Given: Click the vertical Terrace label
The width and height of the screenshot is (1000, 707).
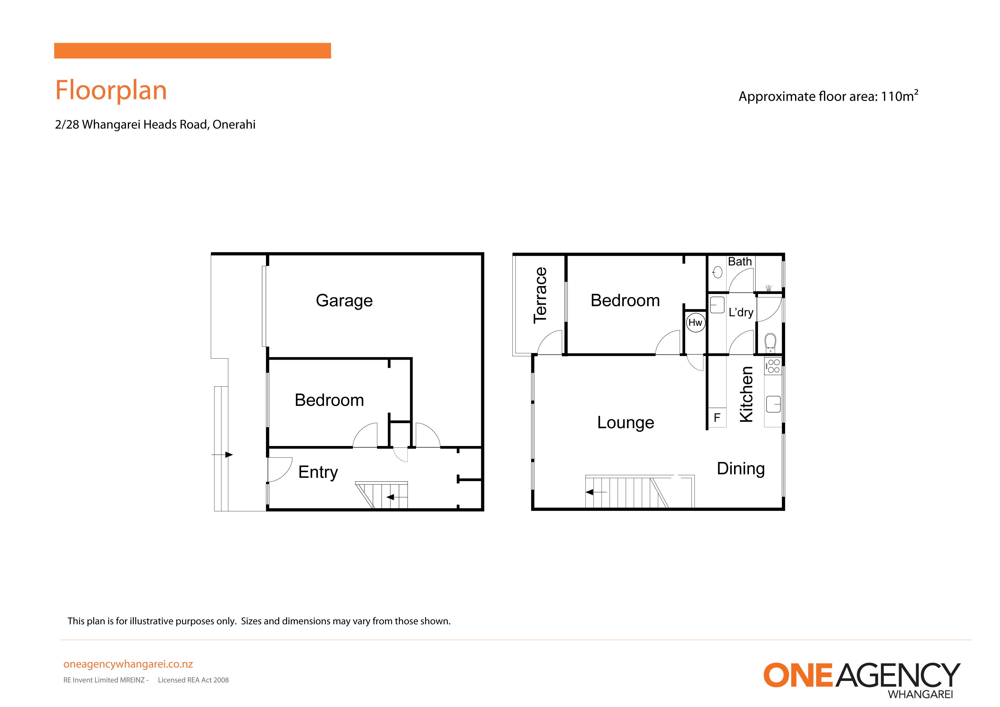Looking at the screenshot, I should (540, 295).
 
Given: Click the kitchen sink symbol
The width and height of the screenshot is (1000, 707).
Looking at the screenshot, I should (773, 404).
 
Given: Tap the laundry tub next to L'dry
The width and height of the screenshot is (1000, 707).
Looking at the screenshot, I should (717, 305).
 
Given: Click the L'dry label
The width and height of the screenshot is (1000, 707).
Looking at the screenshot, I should (741, 312).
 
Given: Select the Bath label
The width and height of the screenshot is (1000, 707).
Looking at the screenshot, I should (739, 262).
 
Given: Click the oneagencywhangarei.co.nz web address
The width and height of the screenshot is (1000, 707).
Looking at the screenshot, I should (128, 664).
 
